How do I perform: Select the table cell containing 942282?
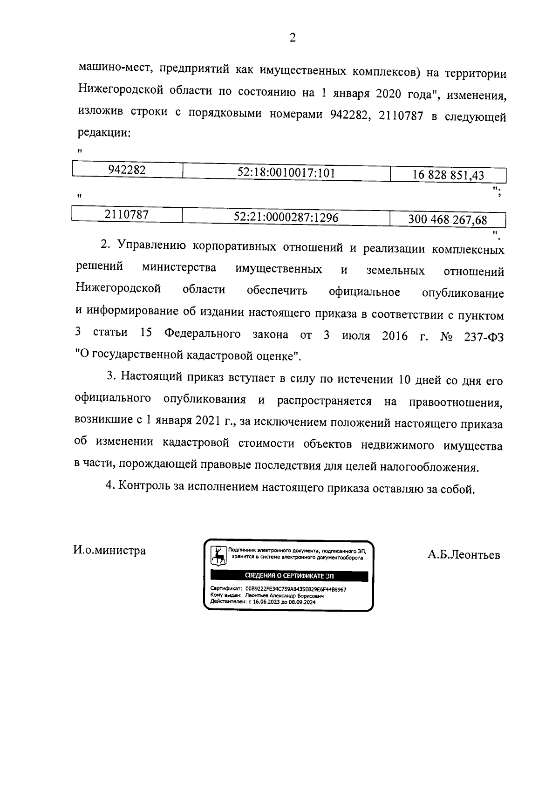(x=127, y=170)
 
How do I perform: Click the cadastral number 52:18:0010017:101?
(x=286, y=173)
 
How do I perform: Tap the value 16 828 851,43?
(x=448, y=176)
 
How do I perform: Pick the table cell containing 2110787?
(x=127, y=215)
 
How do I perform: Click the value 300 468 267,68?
(x=447, y=219)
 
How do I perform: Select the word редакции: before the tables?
(x=104, y=133)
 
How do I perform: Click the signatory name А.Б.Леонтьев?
(x=464, y=555)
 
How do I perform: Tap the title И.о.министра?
(x=109, y=551)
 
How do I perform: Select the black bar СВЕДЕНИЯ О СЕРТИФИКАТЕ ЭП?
(x=289, y=577)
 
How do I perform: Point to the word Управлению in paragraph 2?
(x=151, y=245)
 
